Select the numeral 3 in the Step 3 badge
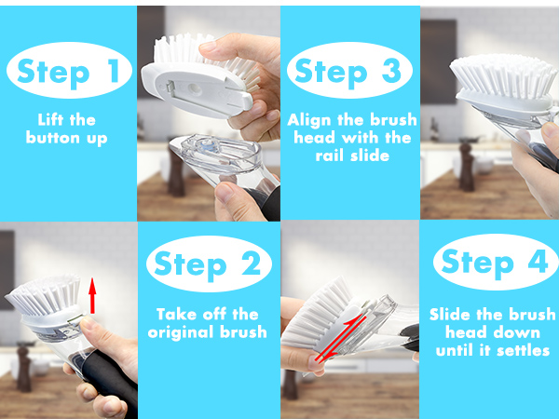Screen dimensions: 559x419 [x=391, y=70]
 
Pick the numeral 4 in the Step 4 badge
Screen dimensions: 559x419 [x=538, y=261]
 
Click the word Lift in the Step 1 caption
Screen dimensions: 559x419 [x=50, y=120]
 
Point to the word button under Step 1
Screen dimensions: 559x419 [x=53, y=138]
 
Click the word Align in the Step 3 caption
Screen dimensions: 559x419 [x=309, y=120]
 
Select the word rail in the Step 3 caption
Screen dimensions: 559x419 [x=329, y=155]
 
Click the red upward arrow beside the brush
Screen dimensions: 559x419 [x=92, y=296]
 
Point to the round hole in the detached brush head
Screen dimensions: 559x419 [x=195, y=88]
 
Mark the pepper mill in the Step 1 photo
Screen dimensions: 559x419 [x=23, y=367]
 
